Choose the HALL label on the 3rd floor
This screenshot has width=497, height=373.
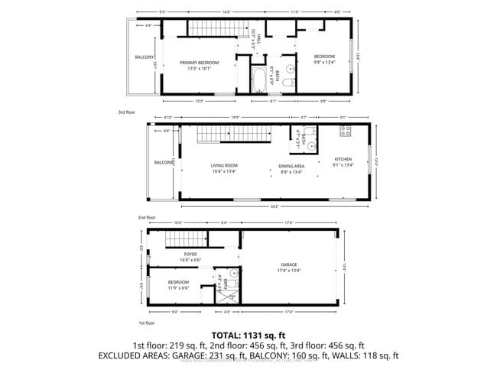pos(259,36)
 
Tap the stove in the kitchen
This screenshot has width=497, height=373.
pos(345,131)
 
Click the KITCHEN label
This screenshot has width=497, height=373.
pos(343,159)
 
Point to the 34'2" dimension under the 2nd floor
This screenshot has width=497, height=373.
pos(273,206)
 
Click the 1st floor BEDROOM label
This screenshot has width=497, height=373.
pos(178,282)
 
